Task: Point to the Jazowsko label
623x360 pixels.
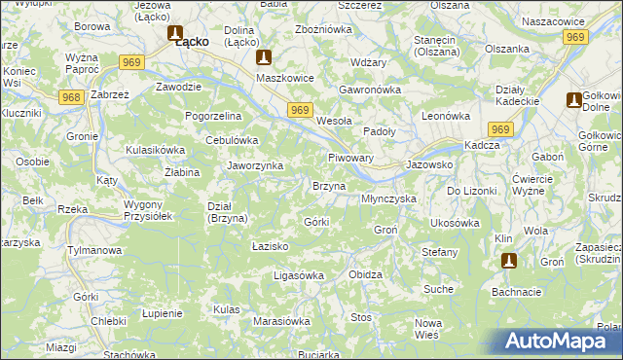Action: pos(429,166)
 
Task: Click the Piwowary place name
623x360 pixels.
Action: pos(351,157)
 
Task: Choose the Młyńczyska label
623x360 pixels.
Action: pos(388,198)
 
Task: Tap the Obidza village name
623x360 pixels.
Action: pos(365,274)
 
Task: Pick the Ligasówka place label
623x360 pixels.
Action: pos(298,275)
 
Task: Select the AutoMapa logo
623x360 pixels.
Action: pos(551,342)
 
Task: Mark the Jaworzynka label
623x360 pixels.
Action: pos(255,165)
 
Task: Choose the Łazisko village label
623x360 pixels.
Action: pos(270,247)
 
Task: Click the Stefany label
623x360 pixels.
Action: pos(439,252)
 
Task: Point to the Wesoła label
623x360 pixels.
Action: pos(335,122)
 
